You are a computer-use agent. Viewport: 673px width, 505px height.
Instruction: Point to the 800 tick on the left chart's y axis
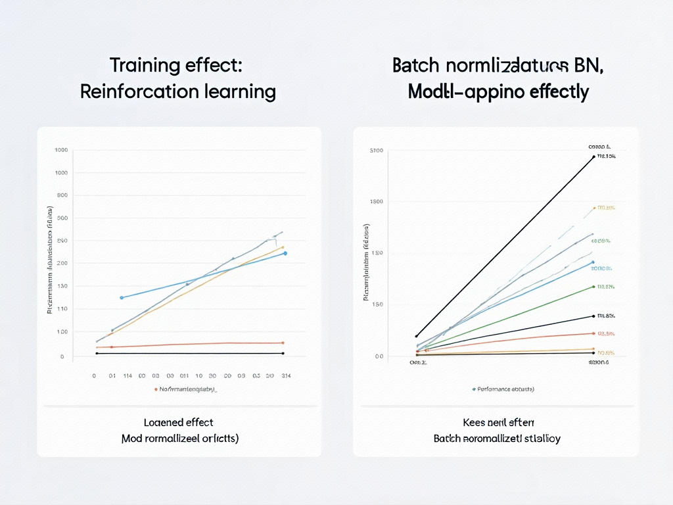tap(63, 195)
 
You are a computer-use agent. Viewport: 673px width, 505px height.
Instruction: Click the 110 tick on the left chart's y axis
tap(63, 309)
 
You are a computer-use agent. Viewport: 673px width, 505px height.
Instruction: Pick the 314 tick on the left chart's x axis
tap(286, 376)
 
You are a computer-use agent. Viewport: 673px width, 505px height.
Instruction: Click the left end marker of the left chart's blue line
tap(122, 298)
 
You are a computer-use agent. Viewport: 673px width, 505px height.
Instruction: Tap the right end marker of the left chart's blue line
tap(285, 253)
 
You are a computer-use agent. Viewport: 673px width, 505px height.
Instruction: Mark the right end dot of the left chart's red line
tap(283, 343)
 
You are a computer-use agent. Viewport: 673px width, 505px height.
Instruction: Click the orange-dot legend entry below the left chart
tap(186, 389)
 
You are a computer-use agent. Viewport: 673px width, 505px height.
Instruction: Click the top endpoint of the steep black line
tap(593, 156)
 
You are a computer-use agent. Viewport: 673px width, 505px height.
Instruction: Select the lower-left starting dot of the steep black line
tap(416, 336)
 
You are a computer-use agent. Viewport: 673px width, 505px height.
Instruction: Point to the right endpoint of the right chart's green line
tap(593, 287)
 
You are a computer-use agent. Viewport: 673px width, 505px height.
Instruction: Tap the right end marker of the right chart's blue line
tap(593, 262)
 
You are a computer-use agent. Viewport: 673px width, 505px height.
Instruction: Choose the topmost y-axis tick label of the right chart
tap(376, 151)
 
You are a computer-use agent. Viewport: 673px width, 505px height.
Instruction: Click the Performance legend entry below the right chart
tap(503, 389)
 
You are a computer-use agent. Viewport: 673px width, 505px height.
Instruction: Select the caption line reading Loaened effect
tap(179, 422)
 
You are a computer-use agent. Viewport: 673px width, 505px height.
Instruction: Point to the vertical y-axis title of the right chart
tap(366, 262)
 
